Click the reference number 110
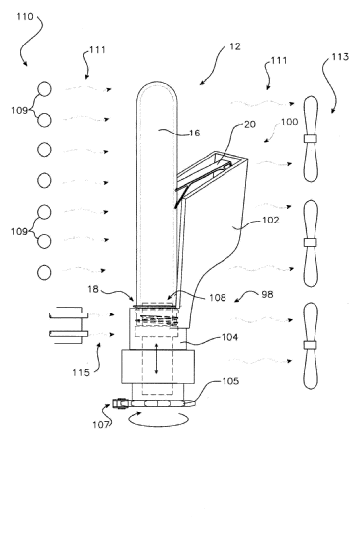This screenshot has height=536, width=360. tap(25, 16)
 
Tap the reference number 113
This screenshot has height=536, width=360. tap(340, 56)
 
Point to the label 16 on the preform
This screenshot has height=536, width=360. tap(194, 133)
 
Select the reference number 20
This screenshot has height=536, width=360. tap(250, 124)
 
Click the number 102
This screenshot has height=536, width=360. tap(271, 220)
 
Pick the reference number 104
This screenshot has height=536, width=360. tap(229, 337)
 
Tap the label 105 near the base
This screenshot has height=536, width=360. tap(230, 381)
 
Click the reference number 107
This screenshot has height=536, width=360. tap(101, 425)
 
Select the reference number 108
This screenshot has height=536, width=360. tap(218, 298)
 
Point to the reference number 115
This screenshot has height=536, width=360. tap(81, 372)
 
